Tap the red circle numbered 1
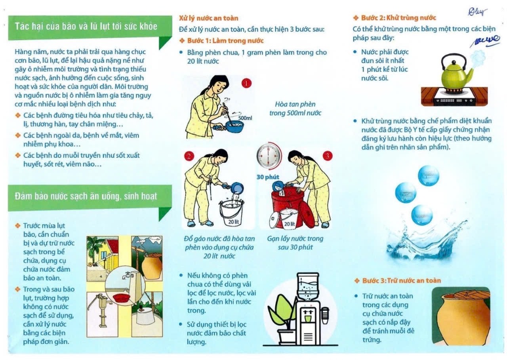pyautogui.click(x=247, y=83)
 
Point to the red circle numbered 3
pyautogui.click(x=327, y=156)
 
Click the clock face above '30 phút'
pyautogui.click(x=268, y=156)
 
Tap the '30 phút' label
pyautogui.click(x=268, y=177)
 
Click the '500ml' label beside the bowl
pyautogui.click(x=245, y=118)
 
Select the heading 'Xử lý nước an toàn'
pyautogui.click(x=209, y=18)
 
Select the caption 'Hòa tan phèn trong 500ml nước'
pyautogui.click(x=295, y=109)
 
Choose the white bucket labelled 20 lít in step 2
pyautogui.click(x=232, y=214)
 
